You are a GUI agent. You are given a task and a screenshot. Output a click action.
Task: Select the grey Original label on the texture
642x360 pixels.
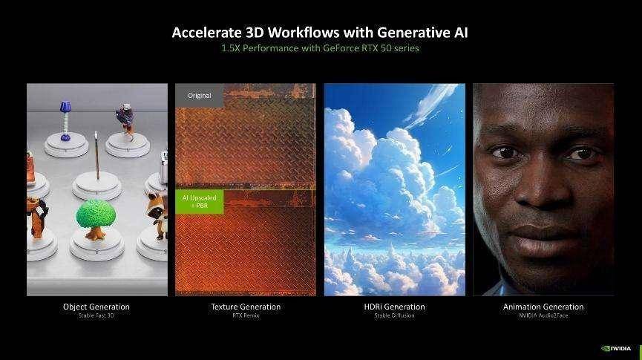200,96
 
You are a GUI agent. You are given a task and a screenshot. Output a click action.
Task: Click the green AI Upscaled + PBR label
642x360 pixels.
200,201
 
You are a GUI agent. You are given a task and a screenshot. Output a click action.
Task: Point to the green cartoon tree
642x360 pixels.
96,219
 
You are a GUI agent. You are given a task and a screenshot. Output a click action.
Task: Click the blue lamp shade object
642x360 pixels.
65,108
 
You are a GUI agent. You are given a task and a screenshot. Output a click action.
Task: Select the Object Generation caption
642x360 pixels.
96,307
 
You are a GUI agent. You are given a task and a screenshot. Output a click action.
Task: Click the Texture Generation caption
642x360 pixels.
246,307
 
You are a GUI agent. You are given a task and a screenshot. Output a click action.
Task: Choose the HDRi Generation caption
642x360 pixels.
394,307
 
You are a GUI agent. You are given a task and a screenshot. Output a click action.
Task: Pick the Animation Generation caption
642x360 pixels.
543,307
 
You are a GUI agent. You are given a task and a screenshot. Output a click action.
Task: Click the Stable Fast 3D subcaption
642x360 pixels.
96,315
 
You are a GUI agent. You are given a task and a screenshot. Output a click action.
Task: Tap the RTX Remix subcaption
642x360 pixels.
246,315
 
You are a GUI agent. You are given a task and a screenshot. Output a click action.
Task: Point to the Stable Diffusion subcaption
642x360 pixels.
394,315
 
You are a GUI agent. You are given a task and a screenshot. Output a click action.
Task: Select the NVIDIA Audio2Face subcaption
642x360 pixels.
543,315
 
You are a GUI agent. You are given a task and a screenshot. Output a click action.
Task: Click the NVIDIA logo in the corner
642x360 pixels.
616,349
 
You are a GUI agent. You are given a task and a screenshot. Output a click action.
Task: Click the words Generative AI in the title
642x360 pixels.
422,33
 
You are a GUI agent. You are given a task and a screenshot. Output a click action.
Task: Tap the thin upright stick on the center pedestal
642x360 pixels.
97,156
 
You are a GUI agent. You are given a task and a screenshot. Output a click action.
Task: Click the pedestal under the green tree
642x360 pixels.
96,247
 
